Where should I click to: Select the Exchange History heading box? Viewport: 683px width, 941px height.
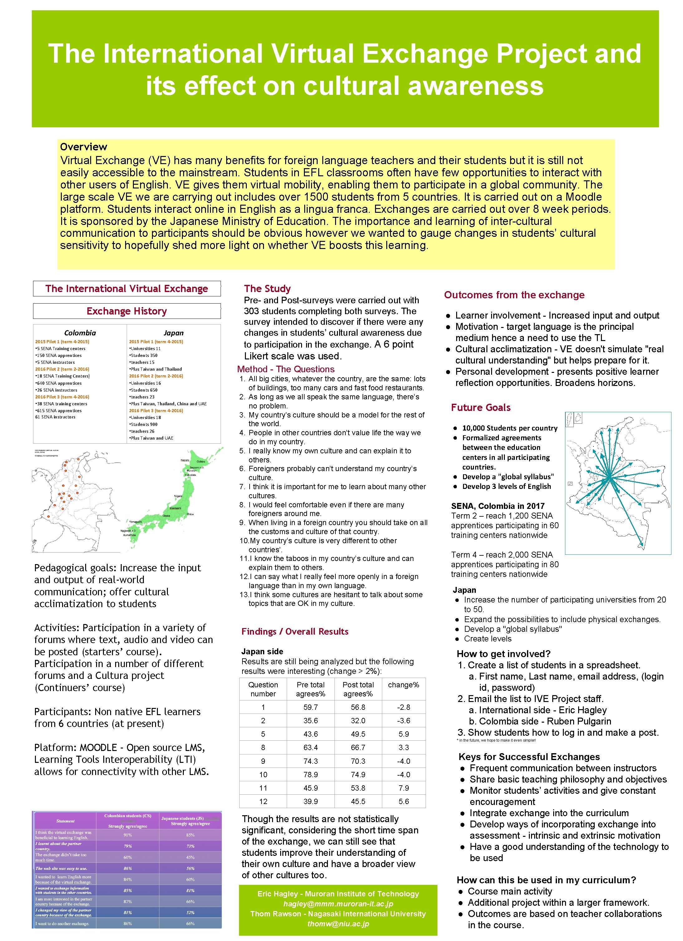click(x=127, y=311)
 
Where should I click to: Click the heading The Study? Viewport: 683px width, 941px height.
click(x=267, y=289)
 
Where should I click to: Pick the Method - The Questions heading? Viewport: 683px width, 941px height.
click(x=285, y=369)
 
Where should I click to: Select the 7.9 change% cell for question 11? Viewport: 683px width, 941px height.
click(x=403, y=788)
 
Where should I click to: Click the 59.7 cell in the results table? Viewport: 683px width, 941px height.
click(x=310, y=707)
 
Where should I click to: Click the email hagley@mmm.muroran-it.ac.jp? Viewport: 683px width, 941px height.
click(x=338, y=904)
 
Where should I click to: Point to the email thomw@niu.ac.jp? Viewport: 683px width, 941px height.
click(x=338, y=924)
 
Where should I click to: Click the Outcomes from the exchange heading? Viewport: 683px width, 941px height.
click(x=514, y=295)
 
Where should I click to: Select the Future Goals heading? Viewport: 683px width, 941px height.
click(x=481, y=407)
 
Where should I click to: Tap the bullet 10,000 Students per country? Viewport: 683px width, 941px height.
click(x=510, y=428)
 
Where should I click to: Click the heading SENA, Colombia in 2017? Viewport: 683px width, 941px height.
click(x=498, y=506)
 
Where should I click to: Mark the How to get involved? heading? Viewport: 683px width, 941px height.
click(x=503, y=654)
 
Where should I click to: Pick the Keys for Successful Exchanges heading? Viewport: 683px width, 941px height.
click(x=529, y=757)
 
